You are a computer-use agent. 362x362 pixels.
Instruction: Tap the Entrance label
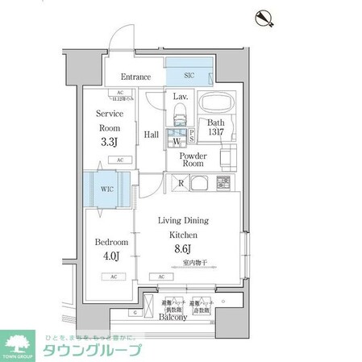pos(136,77)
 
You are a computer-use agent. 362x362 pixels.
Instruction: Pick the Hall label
pos(151,135)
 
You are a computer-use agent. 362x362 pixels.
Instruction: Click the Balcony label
pos(172,317)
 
